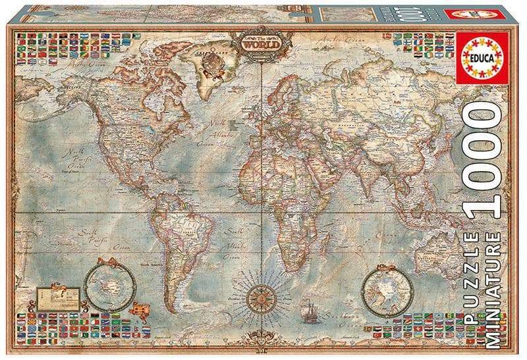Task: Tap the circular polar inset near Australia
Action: click(x=387, y=290)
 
